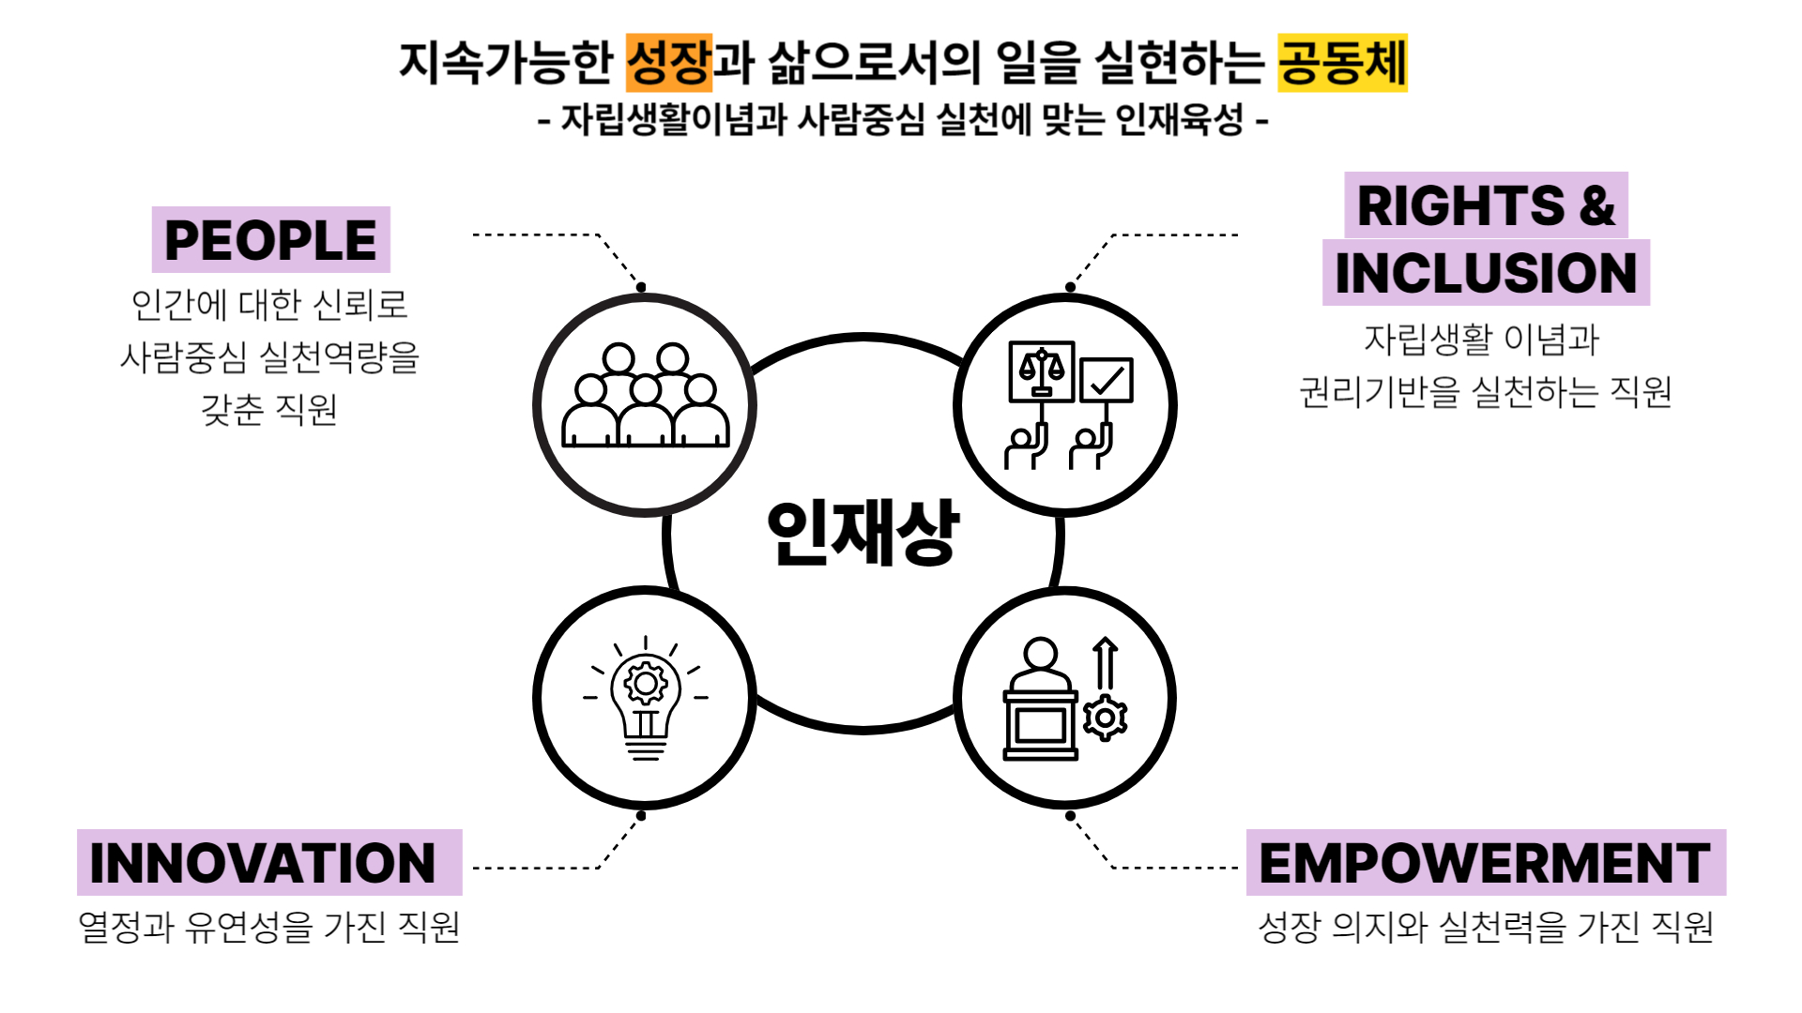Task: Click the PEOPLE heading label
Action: coord(270,240)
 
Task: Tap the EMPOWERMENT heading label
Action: coord(1485,863)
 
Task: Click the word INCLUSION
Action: coord(1486,273)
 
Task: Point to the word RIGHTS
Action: coord(1460,206)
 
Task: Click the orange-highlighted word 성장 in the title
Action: coord(669,63)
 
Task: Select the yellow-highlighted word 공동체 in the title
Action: coord(1342,63)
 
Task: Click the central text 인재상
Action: coord(863,532)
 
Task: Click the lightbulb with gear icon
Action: coord(646,699)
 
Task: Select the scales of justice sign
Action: coord(1041,371)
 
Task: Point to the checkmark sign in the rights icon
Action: coord(1107,380)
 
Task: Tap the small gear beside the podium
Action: coord(1106,718)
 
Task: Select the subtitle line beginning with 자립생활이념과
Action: coord(903,120)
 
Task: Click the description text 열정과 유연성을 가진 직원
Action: coord(269,927)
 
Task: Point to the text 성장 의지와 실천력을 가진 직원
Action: coord(1486,927)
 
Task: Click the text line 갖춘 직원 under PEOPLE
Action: coord(269,409)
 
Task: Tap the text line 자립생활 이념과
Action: coord(1481,339)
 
